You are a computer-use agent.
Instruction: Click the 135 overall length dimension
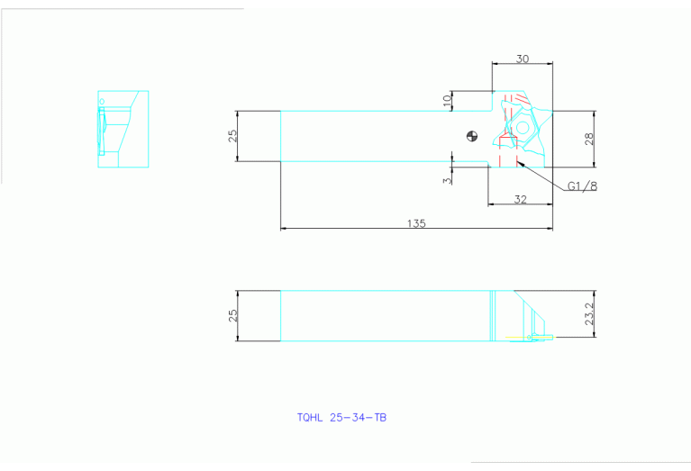(x=415, y=222)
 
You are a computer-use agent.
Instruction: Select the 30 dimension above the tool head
(x=522, y=58)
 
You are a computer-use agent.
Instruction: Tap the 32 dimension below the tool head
(x=520, y=199)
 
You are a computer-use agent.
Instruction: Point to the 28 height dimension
(x=589, y=139)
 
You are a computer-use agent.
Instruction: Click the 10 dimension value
(x=448, y=100)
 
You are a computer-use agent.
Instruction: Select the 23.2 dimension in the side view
(x=589, y=314)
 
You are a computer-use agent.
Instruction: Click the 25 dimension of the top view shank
(x=232, y=136)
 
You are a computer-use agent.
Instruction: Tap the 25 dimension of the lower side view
(x=232, y=315)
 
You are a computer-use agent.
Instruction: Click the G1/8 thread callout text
(x=582, y=186)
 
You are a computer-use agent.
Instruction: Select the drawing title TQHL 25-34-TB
(x=341, y=418)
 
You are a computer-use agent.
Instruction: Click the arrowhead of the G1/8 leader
(x=522, y=163)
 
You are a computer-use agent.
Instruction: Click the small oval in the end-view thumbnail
(x=103, y=101)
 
